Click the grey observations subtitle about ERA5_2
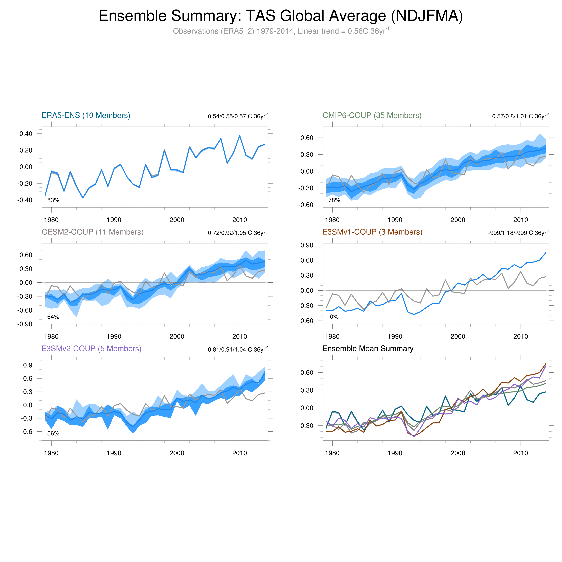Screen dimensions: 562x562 [281, 31]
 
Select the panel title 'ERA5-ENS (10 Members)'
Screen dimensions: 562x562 [86, 116]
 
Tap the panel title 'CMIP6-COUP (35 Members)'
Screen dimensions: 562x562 [372, 116]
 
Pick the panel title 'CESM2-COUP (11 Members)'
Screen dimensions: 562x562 [93, 232]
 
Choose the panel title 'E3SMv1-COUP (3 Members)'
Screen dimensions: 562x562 [372, 232]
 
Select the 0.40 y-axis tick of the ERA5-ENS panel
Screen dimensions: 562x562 [26, 134]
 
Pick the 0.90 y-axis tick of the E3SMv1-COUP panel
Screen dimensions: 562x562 [307, 245]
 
